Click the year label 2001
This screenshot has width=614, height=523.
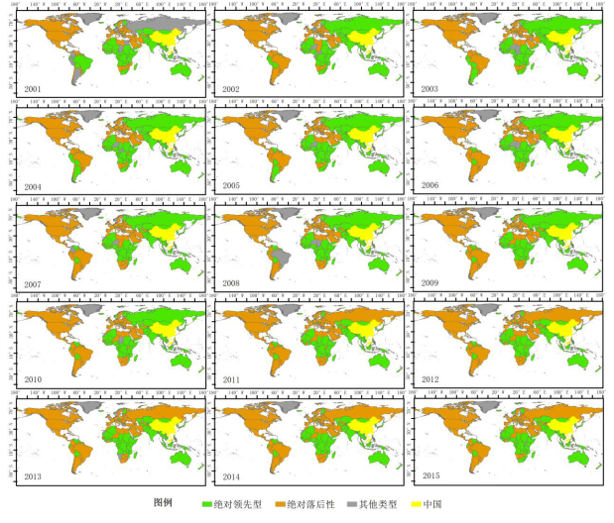tap(33, 88)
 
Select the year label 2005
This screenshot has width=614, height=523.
tap(232, 185)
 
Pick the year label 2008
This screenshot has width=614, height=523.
tap(232, 282)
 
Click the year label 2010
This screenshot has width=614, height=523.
tap(33, 379)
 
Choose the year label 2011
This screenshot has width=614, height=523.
tap(232, 379)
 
